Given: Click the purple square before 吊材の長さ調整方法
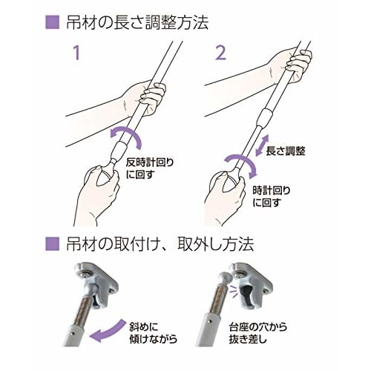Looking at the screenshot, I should pos(51,22).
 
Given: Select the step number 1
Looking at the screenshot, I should pos(74,53).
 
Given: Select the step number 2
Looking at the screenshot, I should pos(219,53).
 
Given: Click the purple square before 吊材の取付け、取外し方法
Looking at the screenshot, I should pos(51,242).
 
